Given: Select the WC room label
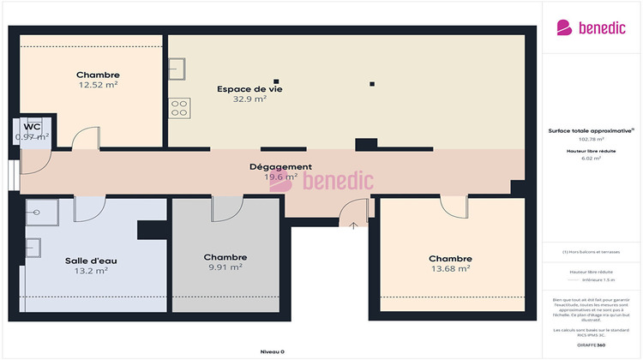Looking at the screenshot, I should (x=32, y=126).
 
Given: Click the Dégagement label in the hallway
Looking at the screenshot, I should (x=280, y=166).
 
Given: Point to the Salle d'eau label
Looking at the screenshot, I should (x=90, y=261).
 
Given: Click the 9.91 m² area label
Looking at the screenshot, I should (x=225, y=267).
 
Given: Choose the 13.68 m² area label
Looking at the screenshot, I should (x=450, y=268).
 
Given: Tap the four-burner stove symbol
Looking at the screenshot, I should (x=180, y=107).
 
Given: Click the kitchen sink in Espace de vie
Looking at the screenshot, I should (x=178, y=68).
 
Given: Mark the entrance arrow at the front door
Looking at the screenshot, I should (x=354, y=225).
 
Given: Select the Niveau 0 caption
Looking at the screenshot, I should (x=272, y=351).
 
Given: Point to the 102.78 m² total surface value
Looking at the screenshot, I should (x=591, y=139).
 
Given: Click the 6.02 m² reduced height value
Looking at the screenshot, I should (x=591, y=158).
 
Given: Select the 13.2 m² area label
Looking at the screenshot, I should (x=91, y=271).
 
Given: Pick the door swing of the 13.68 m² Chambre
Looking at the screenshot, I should (x=453, y=206).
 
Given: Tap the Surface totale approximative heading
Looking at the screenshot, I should (x=590, y=130).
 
